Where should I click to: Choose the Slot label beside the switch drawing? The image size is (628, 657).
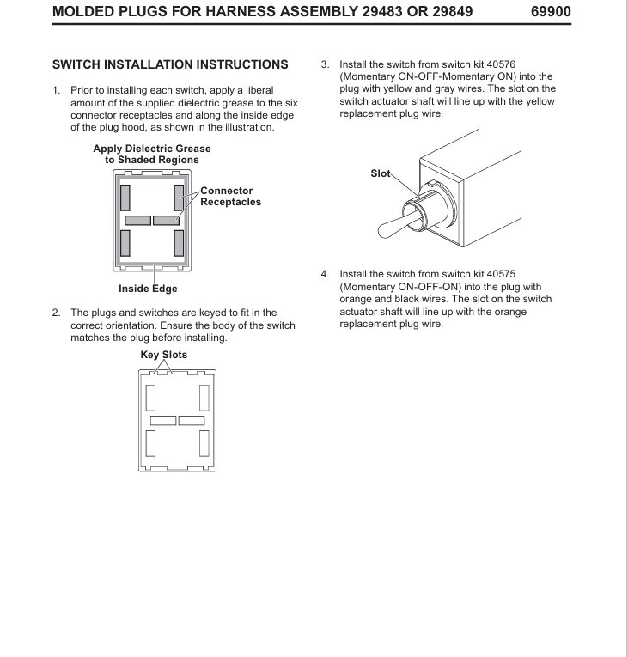pos(379,172)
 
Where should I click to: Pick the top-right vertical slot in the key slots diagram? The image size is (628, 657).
pos(204,398)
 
